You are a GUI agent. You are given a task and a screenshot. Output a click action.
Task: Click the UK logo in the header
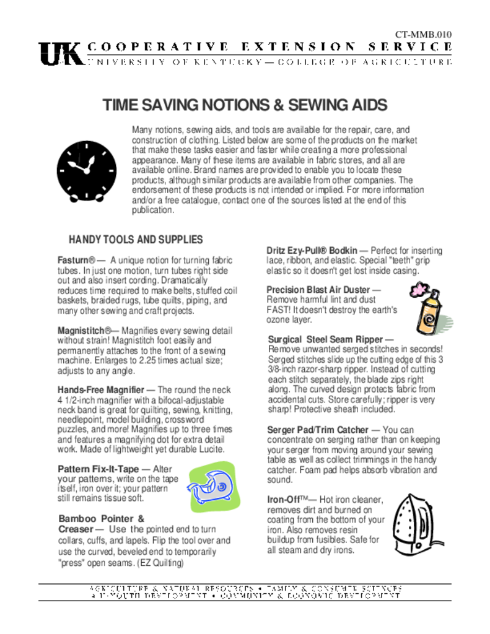pyautogui.click(x=61, y=54)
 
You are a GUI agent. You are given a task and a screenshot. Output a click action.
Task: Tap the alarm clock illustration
pyautogui.click(x=86, y=171)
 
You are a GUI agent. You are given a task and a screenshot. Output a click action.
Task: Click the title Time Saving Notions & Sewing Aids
pyautogui.click(x=245, y=105)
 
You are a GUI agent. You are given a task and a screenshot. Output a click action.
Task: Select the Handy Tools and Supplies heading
pyautogui.click(x=136, y=240)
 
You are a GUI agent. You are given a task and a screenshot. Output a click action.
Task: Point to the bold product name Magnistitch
pyautogui.click(x=84, y=331)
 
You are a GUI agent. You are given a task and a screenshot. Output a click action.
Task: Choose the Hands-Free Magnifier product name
pyautogui.click(x=101, y=390)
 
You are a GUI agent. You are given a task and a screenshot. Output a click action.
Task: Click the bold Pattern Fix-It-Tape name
pyautogui.click(x=98, y=469)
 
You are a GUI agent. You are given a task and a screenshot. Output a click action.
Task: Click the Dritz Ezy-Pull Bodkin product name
pyautogui.click(x=312, y=251)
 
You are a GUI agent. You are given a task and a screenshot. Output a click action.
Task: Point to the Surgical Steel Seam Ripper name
pyautogui.click(x=326, y=339)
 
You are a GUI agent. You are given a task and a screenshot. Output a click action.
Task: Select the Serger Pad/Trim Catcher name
pyautogui.click(x=317, y=430)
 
